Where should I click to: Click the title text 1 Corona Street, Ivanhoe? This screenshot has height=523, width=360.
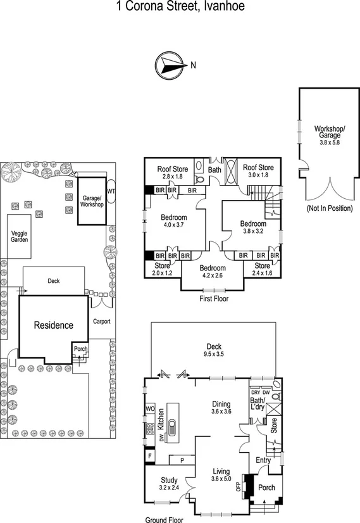tap(180, 7)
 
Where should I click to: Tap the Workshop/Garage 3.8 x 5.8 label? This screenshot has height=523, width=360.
tap(327, 135)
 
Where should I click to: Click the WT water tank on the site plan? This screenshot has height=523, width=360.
tap(111, 191)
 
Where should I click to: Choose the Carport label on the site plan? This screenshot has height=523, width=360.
tap(101, 321)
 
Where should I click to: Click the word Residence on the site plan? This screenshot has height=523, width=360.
tap(53, 325)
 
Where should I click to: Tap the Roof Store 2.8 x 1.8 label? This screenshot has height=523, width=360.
tap(172, 172)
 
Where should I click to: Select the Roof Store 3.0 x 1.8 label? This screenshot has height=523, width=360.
tap(258, 172)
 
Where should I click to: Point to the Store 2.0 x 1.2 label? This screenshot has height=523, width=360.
tap(162, 269)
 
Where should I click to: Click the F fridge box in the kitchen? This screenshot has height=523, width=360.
tap(150, 455)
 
